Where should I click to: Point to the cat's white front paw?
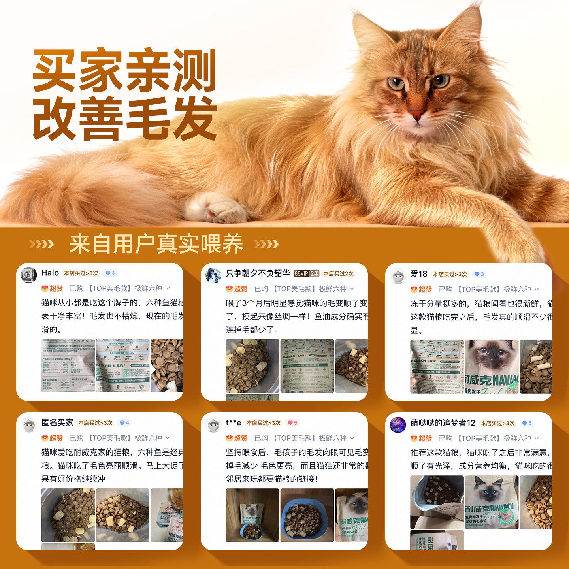[215, 207]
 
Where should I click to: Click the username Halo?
[50, 273]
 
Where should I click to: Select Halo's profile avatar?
[29, 275]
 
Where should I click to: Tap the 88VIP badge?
[306, 274]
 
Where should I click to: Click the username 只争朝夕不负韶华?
[258, 273]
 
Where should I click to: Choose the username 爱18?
[419, 274]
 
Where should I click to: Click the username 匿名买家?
[57, 423]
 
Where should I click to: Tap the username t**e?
[234, 423]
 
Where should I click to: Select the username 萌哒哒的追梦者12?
[443, 423]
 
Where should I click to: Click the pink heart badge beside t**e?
[292, 423]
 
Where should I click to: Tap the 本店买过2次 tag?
[339, 274]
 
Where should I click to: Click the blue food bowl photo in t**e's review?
[307, 515]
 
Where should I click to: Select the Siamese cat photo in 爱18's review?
[492, 366]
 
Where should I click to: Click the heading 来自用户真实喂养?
[156, 244]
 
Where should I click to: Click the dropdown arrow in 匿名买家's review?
[168, 438]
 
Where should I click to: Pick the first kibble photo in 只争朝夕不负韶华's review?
[252, 366]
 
